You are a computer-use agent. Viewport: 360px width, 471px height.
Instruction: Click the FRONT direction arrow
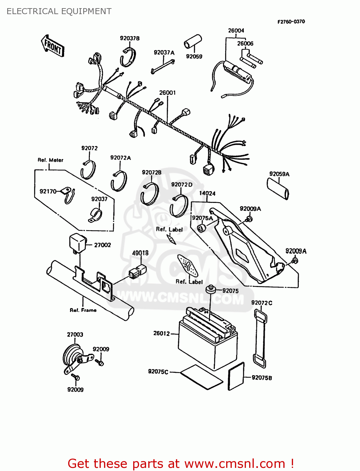[x=52, y=46]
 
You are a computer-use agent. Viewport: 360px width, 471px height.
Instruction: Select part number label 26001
[x=167, y=93]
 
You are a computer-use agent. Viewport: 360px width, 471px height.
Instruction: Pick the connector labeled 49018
[x=138, y=271]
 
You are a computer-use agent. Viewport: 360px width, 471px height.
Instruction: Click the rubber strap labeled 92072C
[x=259, y=338]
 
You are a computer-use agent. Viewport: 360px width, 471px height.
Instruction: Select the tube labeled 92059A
[x=278, y=188]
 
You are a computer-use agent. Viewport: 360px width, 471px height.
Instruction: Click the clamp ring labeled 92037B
[x=128, y=57]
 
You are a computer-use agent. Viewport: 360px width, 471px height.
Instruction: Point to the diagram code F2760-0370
[x=291, y=22]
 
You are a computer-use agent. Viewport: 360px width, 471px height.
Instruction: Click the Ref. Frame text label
[x=83, y=310]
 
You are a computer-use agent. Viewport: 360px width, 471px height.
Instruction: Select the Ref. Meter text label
[x=51, y=160]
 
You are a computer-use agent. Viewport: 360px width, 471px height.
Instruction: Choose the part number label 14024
[x=207, y=193]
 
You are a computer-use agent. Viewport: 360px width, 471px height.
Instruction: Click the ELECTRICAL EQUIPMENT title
[x=59, y=11]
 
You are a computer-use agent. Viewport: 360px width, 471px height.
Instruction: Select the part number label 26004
[x=236, y=30]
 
